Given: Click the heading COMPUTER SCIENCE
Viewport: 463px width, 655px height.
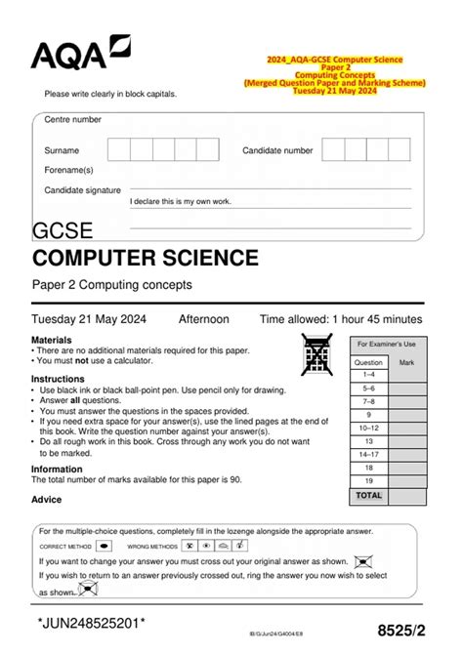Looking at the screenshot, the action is pos(146,259).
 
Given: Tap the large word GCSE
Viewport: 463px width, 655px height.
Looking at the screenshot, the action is pos(63,231).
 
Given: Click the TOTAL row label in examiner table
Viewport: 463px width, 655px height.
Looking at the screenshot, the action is pos(369,495).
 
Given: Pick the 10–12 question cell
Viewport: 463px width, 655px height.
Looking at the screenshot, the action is pos(369,428).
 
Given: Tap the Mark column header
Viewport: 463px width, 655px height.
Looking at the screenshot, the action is pos(407,361).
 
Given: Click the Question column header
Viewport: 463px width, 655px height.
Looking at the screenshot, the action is pos(369,361).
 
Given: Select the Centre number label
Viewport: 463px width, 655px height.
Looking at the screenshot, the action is pos(73,119).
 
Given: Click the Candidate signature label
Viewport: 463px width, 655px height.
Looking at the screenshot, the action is pos(83,189).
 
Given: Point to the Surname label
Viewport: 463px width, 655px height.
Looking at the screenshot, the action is pos(62,151).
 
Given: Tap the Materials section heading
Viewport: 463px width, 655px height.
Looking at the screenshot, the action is pos(52,339).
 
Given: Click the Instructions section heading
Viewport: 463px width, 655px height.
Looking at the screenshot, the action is pos(58,379).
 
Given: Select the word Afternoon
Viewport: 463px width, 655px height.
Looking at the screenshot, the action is pos(204,319).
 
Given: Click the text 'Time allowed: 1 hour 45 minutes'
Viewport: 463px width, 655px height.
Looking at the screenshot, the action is pos(341,319).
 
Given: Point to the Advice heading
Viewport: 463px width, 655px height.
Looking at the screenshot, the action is pos(46,499).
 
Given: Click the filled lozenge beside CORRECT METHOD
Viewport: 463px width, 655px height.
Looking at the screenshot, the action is pos(105,547).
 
